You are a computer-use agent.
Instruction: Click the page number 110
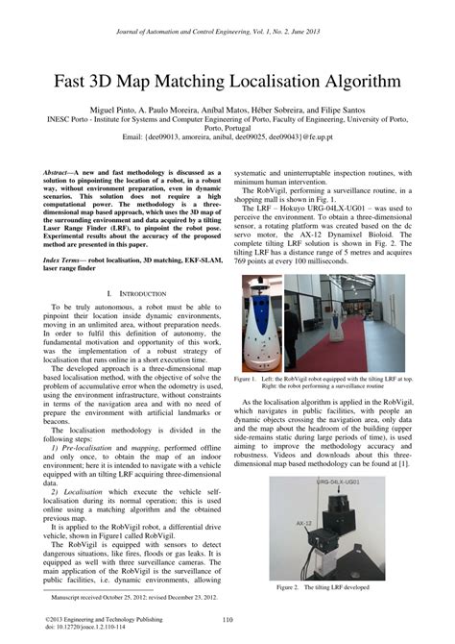(227, 620)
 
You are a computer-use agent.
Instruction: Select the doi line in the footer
(90, 629)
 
